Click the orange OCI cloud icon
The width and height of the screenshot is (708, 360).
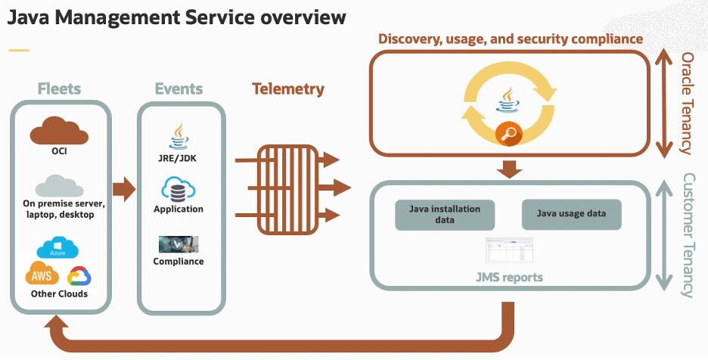60,130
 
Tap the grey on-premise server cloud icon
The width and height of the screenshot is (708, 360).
59,185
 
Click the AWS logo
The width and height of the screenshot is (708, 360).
42,273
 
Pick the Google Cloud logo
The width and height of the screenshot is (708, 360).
79,275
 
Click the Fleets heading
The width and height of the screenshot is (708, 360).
60,88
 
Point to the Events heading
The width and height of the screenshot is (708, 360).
179,88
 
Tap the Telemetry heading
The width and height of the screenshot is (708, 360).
287,89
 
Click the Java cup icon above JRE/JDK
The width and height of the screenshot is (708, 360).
179,135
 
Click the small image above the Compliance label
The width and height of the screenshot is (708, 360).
179,244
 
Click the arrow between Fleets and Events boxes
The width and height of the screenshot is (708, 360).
124,188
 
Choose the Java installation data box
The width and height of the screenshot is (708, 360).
445,214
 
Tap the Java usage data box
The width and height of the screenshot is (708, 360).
571,214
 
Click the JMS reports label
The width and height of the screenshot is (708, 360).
509,277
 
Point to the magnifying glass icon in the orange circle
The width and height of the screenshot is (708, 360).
509,135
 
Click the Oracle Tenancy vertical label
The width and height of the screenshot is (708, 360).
687,103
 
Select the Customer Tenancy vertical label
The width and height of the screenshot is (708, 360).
688,234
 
